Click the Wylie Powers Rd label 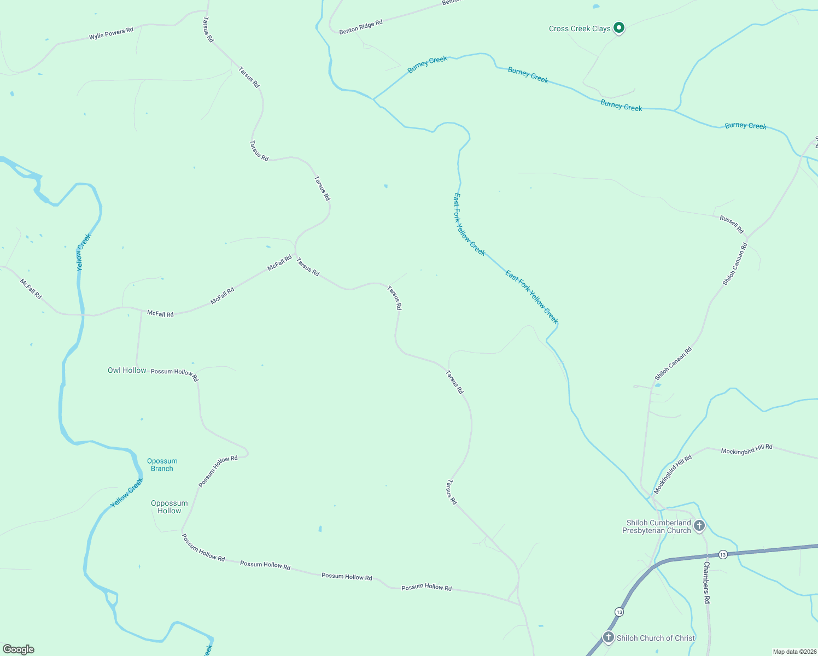tap(111, 33)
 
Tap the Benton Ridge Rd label tap(360, 27)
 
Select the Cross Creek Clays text tap(580, 28)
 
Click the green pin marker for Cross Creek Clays tap(618, 27)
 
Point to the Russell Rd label tap(732, 224)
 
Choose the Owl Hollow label tap(127, 370)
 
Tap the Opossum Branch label tap(162, 465)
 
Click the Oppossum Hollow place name tap(169, 507)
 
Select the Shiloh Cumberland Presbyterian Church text tap(658, 526)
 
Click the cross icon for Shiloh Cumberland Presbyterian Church tap(699, 526)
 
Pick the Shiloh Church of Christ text tap(656, 638)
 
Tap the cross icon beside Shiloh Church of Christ tap(608, 637)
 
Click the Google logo tap(19, 649)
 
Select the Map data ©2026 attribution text tap(794, 652)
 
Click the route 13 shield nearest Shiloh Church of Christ tap(618, 611)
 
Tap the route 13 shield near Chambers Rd tap(723, 554)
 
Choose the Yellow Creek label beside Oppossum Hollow tap(127, 493)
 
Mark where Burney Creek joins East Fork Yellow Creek tap(373, 99)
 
